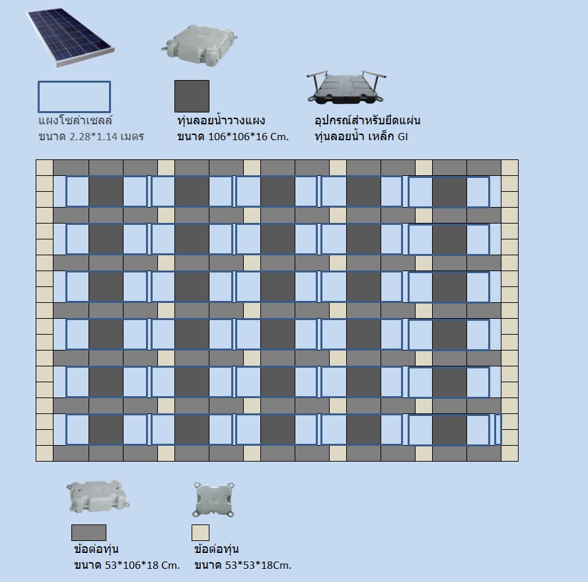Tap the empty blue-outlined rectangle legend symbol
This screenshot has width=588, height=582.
pyautogui.click(x=74, y=97)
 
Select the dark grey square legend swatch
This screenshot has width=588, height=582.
pyautogui.click(x=192, y=97)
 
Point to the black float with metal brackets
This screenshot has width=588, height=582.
pyautogui.click(x=345, y=87)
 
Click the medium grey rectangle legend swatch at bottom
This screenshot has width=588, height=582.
pyautogui.click(x=89, y=532)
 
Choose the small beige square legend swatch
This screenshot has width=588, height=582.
pyautogui.click(x=200, y=532)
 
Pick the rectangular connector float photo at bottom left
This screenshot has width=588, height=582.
pyautogui.click(x=93, y=498)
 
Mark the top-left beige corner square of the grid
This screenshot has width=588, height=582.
pyautogui.click(x=44, y=167)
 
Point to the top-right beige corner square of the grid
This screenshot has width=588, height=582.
pyautogui.click(x=509, y=167)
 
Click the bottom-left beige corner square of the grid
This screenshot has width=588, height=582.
pyautogui.click(x=44, y=453)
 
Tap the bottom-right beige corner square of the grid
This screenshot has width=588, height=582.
pyautogui.click(x=509, y=453)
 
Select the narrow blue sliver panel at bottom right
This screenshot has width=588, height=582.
pyautogui.click(x=498, y=429)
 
